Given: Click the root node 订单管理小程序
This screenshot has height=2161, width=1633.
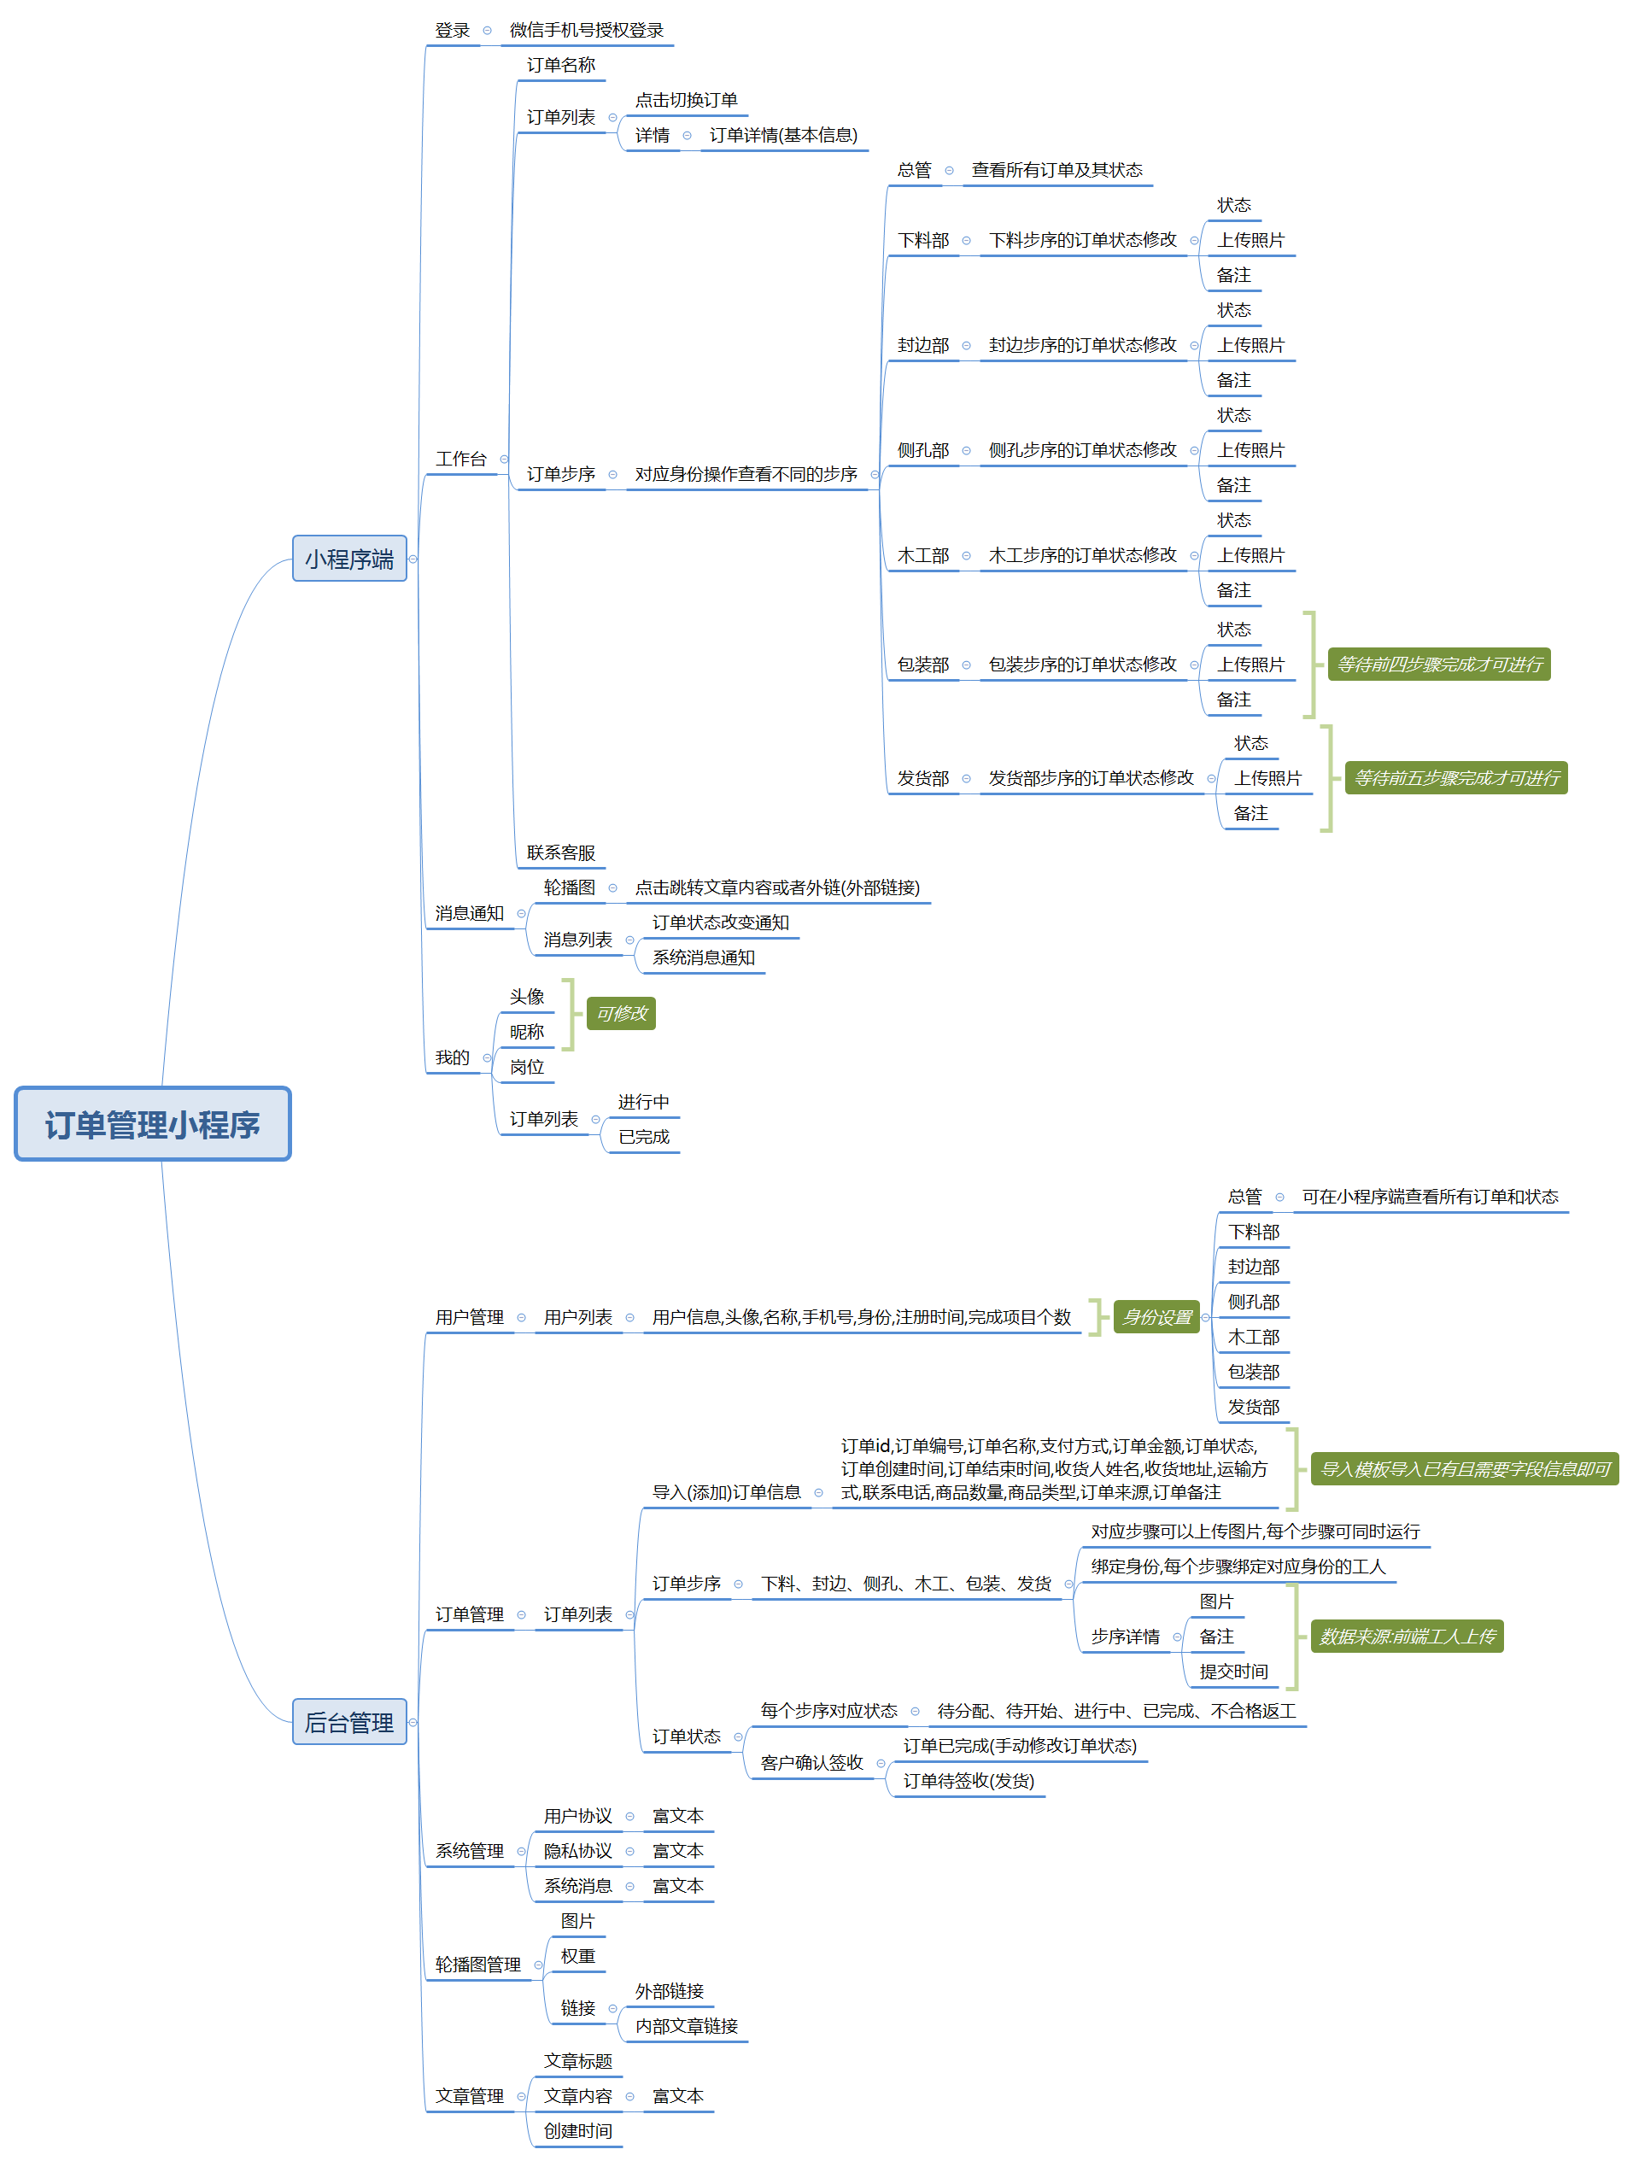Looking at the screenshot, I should click(x=152, y=1123).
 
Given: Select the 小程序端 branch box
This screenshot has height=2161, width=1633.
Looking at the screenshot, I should click(x=348, y=559).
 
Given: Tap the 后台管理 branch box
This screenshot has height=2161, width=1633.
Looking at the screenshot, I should click(x=348, y=1721).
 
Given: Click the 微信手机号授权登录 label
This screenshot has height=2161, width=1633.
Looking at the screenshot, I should click(x=586, y=30).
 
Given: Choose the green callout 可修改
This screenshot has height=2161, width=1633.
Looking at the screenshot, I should click(x=621, y=1013).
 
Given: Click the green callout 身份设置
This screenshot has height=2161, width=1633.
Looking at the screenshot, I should click(x=1156, y=1317).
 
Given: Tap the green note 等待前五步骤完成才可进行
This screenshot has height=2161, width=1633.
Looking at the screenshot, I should click(x=1455, y=777).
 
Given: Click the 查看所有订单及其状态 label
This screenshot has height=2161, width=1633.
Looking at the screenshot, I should click(x=1056, y=170).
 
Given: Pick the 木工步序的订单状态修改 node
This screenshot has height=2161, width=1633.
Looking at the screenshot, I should click(x=1082, y=555).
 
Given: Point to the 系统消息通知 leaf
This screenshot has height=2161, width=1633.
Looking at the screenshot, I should click(x=703, y=958).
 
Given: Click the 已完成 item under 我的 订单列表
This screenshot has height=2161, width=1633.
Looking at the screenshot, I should click(x=644, y=1136).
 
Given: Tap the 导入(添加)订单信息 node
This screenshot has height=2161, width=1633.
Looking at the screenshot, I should click(x=726, y=1492).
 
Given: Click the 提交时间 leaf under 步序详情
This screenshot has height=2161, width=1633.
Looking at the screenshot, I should click(x=1233, y=1672).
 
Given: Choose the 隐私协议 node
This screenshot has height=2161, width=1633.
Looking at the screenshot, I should click(x=577, y=1850).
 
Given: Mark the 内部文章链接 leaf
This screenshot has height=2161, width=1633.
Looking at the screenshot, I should click(x=686, y=2026).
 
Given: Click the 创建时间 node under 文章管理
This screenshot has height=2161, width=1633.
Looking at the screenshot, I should click(x=577, y=2131).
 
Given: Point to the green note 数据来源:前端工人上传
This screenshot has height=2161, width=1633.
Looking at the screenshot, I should click(x=1407, y=1637).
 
